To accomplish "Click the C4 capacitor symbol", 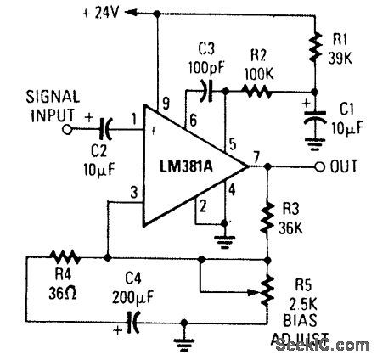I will point(132,323).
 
